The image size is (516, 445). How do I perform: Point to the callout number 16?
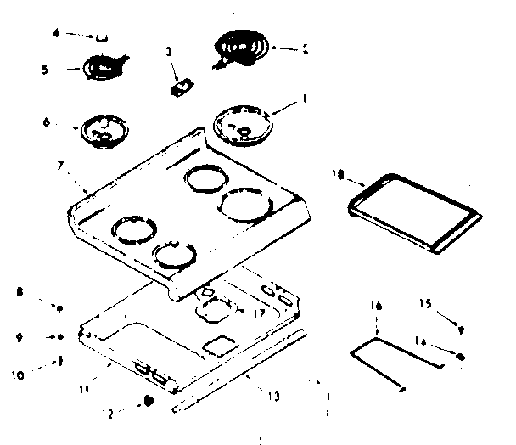376,303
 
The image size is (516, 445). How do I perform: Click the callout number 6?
45,123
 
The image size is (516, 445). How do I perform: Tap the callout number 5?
44,69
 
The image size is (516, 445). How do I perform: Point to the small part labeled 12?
149,400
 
